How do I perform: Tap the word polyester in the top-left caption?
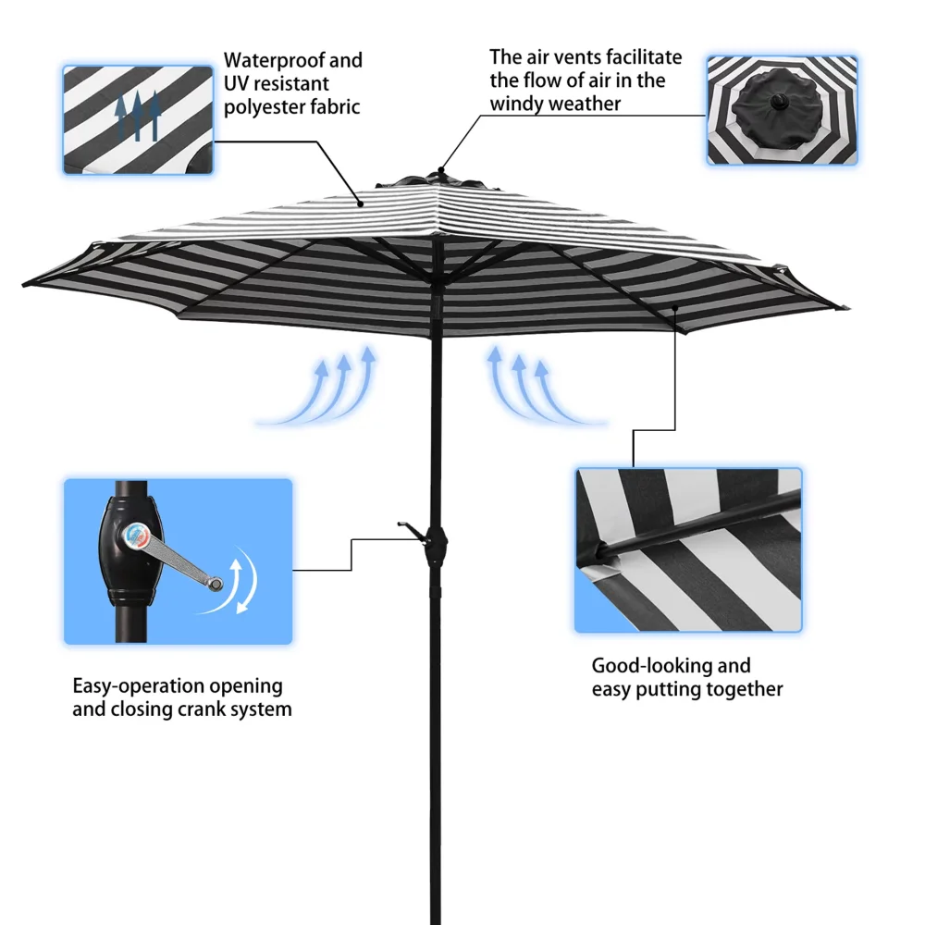(x=265, y=107)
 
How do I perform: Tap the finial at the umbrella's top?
(x=442, y=171)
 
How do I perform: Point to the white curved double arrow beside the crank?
(x=242, y=580)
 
